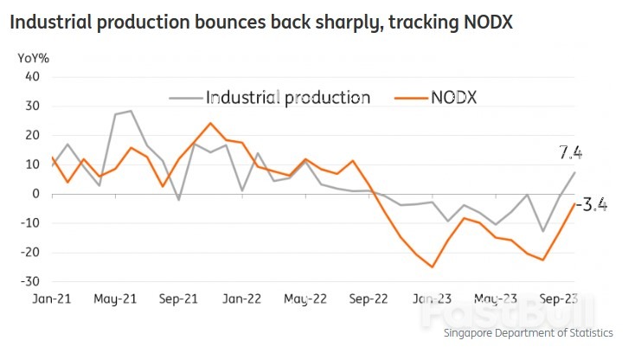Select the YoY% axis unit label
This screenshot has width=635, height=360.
click(33, 58)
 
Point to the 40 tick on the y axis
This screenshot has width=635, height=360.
click(33, 76)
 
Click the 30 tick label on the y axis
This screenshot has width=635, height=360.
click(33, 106)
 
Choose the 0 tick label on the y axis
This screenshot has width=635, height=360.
click(36, 194)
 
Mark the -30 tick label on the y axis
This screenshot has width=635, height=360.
click(30, 282)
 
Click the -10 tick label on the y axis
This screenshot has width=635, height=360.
click(30, 223)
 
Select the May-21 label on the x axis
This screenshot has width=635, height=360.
click(115, 300)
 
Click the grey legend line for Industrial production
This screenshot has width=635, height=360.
click(183, 98)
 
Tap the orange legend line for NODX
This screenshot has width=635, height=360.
click(410, 98)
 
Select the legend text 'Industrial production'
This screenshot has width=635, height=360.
click(287, 97)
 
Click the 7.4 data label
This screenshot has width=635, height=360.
click(570, 153)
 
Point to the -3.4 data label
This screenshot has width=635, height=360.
click(591, 205)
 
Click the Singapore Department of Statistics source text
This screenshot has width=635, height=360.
click(529, 333)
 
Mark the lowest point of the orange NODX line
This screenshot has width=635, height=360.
click(432, 267)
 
